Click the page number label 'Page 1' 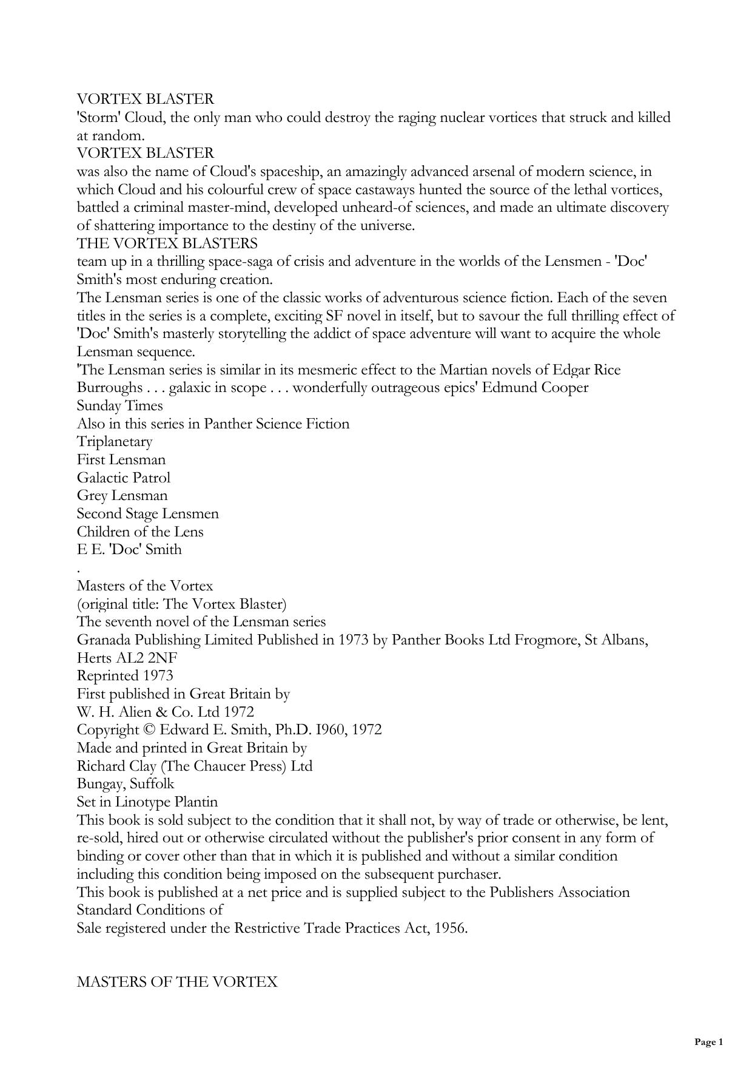(708, 1042)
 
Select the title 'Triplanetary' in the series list (115, 442)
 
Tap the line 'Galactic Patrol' (124, 478)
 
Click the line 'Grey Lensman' (122, 496)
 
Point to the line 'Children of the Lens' (140, 532)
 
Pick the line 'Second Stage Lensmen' (147, 513)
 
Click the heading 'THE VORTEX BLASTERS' (167, 243)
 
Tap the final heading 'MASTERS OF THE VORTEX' (177, 982)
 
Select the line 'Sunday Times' (119, 405)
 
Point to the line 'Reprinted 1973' (125, 675)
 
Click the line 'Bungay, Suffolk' (126, 783)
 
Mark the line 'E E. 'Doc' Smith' (129, 550)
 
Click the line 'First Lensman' (121, 459)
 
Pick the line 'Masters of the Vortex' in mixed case (145, 586)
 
